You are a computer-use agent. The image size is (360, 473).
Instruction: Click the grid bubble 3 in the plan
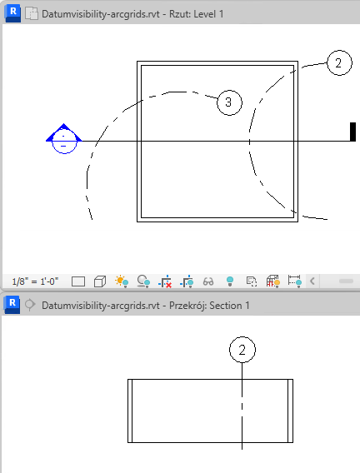[x=229, y=102]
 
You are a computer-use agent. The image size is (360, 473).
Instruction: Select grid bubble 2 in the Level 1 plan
[x=339, y=62]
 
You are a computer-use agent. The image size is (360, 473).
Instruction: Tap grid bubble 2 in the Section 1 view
[x=242, y=350]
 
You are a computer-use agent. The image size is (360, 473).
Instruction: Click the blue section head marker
[x=63, y=138]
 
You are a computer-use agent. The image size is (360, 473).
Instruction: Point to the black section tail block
[x=352, y=132]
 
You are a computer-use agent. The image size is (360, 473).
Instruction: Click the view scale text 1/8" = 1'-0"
[x=35, y=281]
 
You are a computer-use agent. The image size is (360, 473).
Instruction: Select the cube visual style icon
[x=100, y=281]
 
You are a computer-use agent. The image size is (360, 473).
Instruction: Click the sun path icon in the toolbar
[x=122, y=281]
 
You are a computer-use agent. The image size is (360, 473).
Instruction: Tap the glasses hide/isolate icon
[x=208, y=281]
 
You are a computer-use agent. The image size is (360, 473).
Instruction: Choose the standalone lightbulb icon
[x=230, y=281]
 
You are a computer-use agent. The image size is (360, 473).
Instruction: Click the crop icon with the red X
[x=165, y=281]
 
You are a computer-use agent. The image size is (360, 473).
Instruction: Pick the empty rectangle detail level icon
[x=78, y=281]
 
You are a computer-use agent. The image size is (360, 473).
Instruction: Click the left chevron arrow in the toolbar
[x=312, y=281]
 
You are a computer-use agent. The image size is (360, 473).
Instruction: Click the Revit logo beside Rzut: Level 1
[x=12, y=13]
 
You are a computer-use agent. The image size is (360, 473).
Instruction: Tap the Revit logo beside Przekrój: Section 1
[x=12, y=305]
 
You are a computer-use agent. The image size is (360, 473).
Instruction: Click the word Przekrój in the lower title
[x=187, y=306]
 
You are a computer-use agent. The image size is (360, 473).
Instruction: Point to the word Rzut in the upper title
[x=179, y=14]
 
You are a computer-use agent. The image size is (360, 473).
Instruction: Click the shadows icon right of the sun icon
[x=143, y=281]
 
